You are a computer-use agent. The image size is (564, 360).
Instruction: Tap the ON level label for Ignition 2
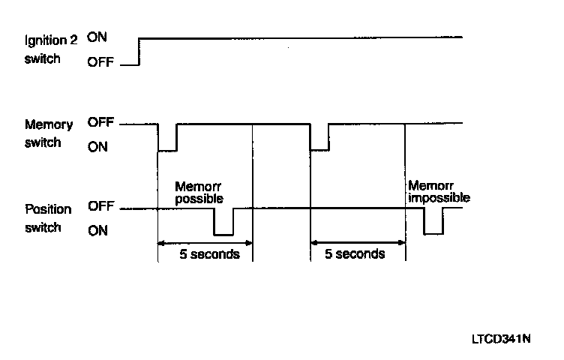click(97, 35)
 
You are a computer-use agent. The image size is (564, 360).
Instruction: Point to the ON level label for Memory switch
click(97, 147)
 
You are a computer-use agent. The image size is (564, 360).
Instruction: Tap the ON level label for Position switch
click(97, 231)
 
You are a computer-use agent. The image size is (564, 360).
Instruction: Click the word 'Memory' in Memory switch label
click(48, 124)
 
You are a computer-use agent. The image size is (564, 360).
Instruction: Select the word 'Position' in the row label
click(48, 209)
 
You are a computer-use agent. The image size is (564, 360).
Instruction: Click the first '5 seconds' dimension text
click(209, 253)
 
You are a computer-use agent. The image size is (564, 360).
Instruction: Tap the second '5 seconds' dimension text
click(355, 253)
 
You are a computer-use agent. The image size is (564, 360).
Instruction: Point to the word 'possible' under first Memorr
click(199, 198)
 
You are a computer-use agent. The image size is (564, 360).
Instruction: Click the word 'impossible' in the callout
click(439, 198)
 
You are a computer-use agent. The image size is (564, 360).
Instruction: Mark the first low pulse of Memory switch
click(167, 149)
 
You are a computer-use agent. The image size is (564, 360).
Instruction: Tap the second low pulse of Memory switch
click(319, 149)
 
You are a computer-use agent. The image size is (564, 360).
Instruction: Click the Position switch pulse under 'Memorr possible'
click(223, 233)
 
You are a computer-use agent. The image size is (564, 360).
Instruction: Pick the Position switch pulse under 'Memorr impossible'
click(433, 233)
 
